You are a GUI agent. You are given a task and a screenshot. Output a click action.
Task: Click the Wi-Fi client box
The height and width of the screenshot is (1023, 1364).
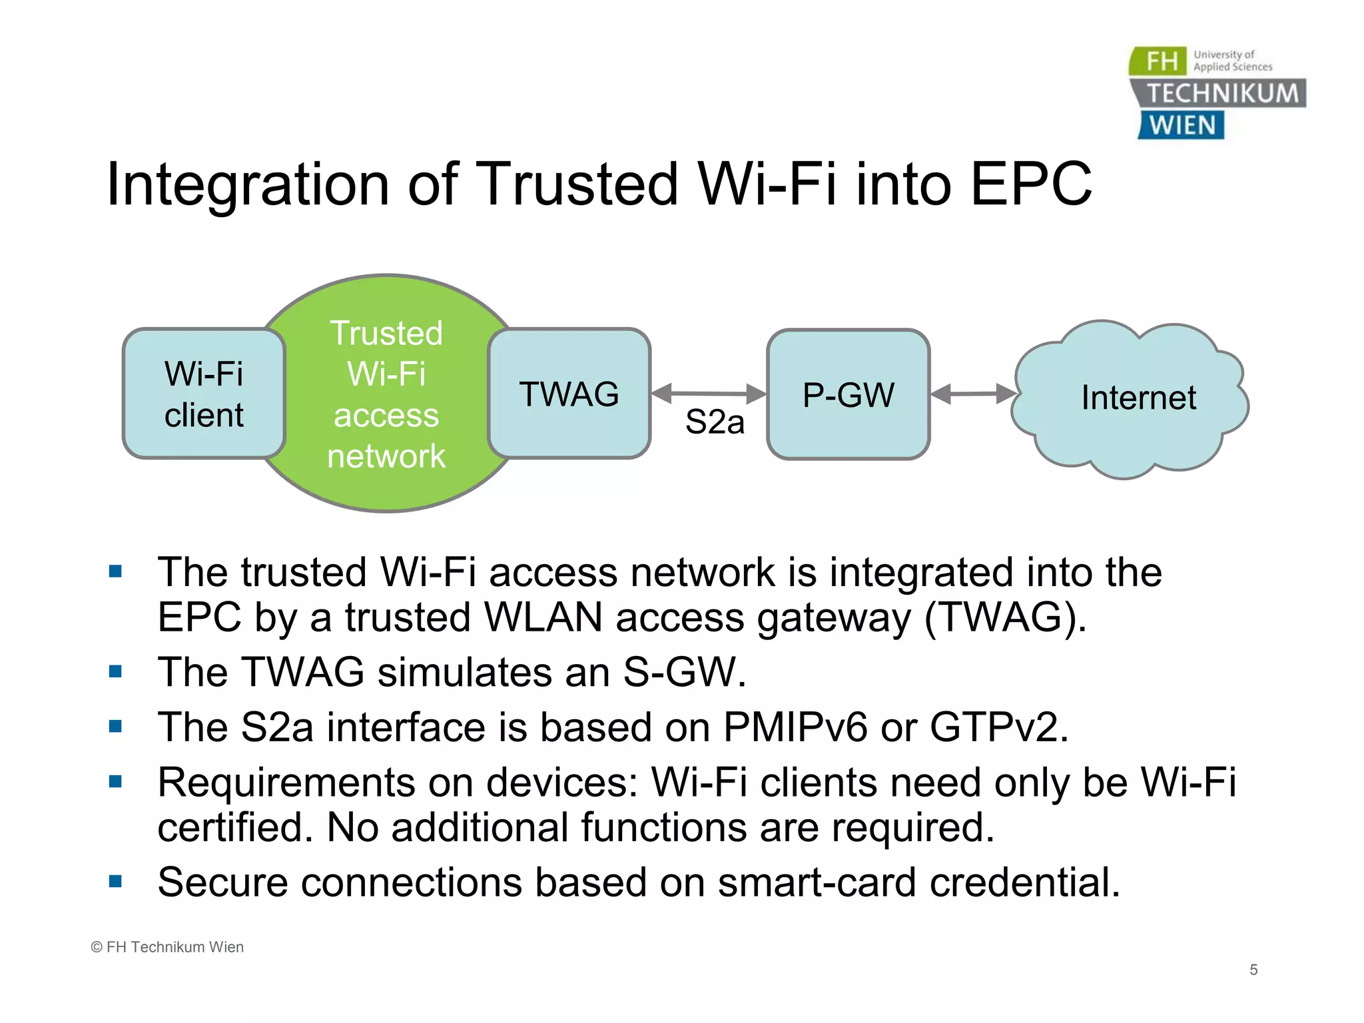point(204,394)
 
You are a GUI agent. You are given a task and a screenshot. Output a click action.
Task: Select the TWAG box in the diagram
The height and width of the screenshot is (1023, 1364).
point(569,394)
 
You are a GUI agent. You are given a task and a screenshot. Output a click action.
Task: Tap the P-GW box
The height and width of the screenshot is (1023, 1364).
point(848,394)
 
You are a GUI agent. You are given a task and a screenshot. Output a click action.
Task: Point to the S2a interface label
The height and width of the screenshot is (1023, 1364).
point(714,422)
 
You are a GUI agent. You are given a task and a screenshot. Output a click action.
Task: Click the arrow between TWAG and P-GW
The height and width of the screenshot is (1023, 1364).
point(709,393)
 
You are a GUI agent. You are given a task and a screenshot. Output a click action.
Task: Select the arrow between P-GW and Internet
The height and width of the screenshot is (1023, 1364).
point(972,394)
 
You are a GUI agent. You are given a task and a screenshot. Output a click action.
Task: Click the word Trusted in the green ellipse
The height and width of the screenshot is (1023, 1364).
point(386,333)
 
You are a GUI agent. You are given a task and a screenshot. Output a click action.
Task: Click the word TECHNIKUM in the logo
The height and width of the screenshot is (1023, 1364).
point(1223,93)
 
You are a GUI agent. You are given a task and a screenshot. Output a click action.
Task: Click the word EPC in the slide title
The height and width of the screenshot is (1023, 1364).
point(1030,184)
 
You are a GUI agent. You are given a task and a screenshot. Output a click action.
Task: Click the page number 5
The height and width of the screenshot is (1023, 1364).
point(1253,970)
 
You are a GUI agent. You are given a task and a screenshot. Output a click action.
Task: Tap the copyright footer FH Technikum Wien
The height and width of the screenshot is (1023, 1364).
point(168,947)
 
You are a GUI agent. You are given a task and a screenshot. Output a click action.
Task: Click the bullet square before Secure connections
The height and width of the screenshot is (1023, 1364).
point(116,882)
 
